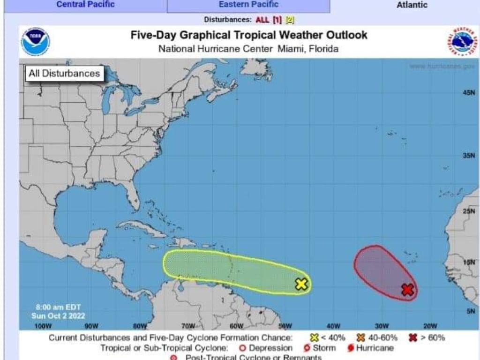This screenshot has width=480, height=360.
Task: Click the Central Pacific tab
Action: coord(85,5)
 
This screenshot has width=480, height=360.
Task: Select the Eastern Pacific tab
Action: coord(248,5)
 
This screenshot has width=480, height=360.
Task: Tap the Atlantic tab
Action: coord(412,5)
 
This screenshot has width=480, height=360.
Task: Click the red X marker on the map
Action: coord(408,290)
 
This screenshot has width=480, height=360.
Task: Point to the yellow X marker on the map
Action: coord(301,284)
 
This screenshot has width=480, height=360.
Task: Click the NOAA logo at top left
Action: coord(35,42)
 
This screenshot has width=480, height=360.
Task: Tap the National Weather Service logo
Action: coord(461,42)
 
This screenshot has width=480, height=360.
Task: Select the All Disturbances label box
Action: coord(64,74)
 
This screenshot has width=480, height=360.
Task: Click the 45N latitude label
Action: coord(469,93)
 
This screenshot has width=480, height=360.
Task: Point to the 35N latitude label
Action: coord(469,156)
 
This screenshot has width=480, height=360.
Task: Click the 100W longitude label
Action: coord(43,326)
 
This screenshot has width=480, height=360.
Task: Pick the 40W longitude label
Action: coord(333,326)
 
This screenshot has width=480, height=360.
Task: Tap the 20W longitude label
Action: coord(430,326)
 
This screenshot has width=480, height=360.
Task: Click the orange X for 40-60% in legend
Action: coord(360,337)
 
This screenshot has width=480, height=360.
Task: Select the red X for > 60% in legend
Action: coord(412,337)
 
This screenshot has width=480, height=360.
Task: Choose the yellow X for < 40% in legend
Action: coord(314,337)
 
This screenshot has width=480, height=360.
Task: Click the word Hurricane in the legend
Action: coord(375,348)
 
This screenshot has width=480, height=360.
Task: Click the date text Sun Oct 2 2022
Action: coord(58,316)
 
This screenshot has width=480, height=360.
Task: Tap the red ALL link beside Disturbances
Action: coord(262,20)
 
